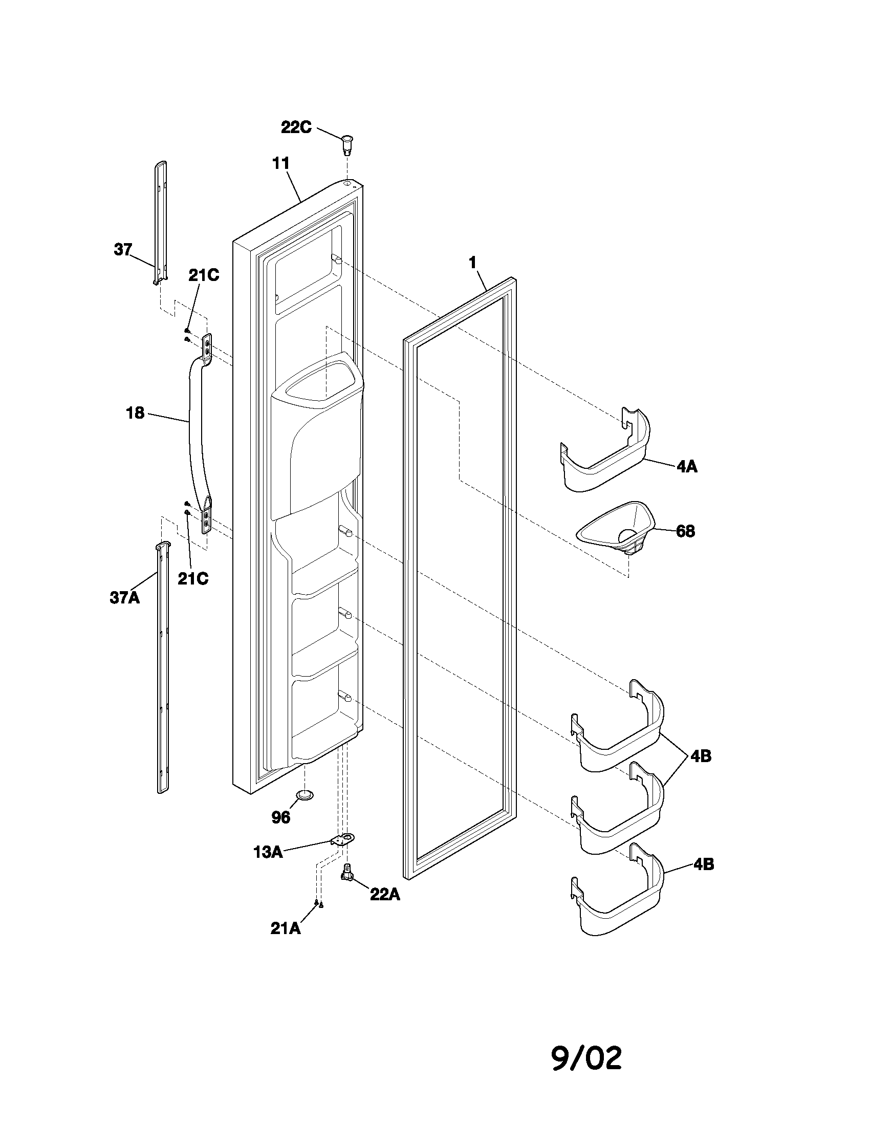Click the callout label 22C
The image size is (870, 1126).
(x=296, y=127)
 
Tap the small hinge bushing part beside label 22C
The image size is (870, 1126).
(x=349, y=143)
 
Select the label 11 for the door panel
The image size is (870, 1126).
(x=280, y=163)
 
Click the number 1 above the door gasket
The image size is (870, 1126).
(x=473, y=263)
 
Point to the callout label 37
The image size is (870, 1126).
(x=123, y=250)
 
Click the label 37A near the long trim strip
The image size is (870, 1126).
(x=124, y=597)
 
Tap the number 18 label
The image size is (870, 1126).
(x=135, y=413)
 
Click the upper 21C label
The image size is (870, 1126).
(x=203, y=276)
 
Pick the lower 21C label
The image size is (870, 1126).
(x=193, y=578)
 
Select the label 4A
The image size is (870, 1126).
(x=686, y=467)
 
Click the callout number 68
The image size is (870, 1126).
(x=685, y=531)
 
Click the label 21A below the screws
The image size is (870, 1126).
(x=285, y=928)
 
